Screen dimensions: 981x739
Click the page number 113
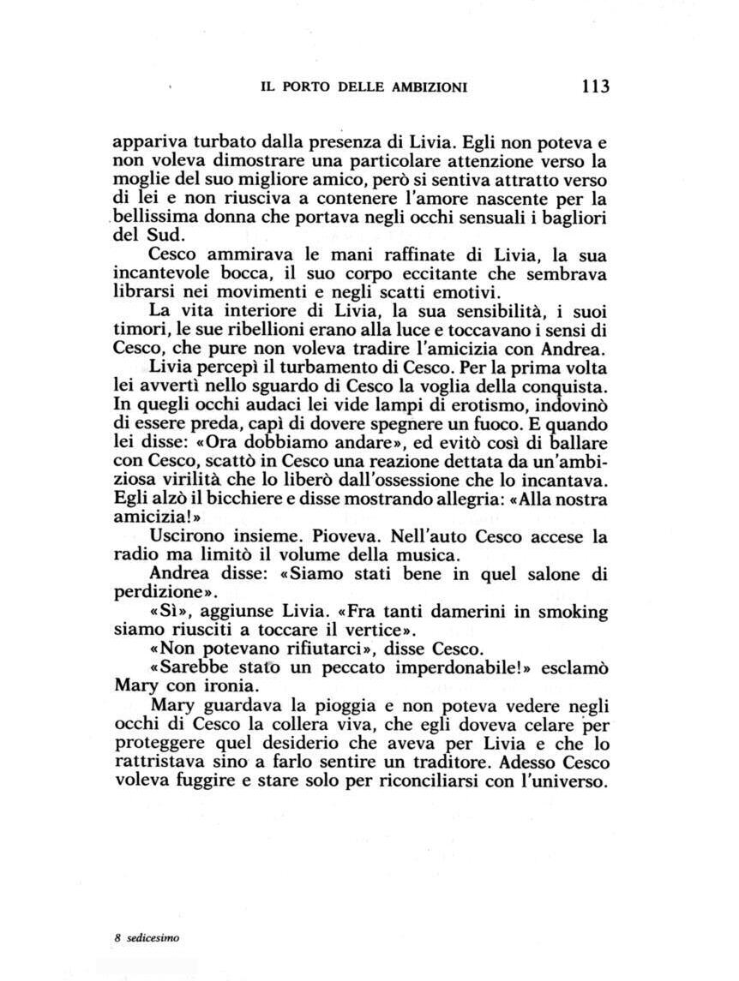[593, 86]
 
